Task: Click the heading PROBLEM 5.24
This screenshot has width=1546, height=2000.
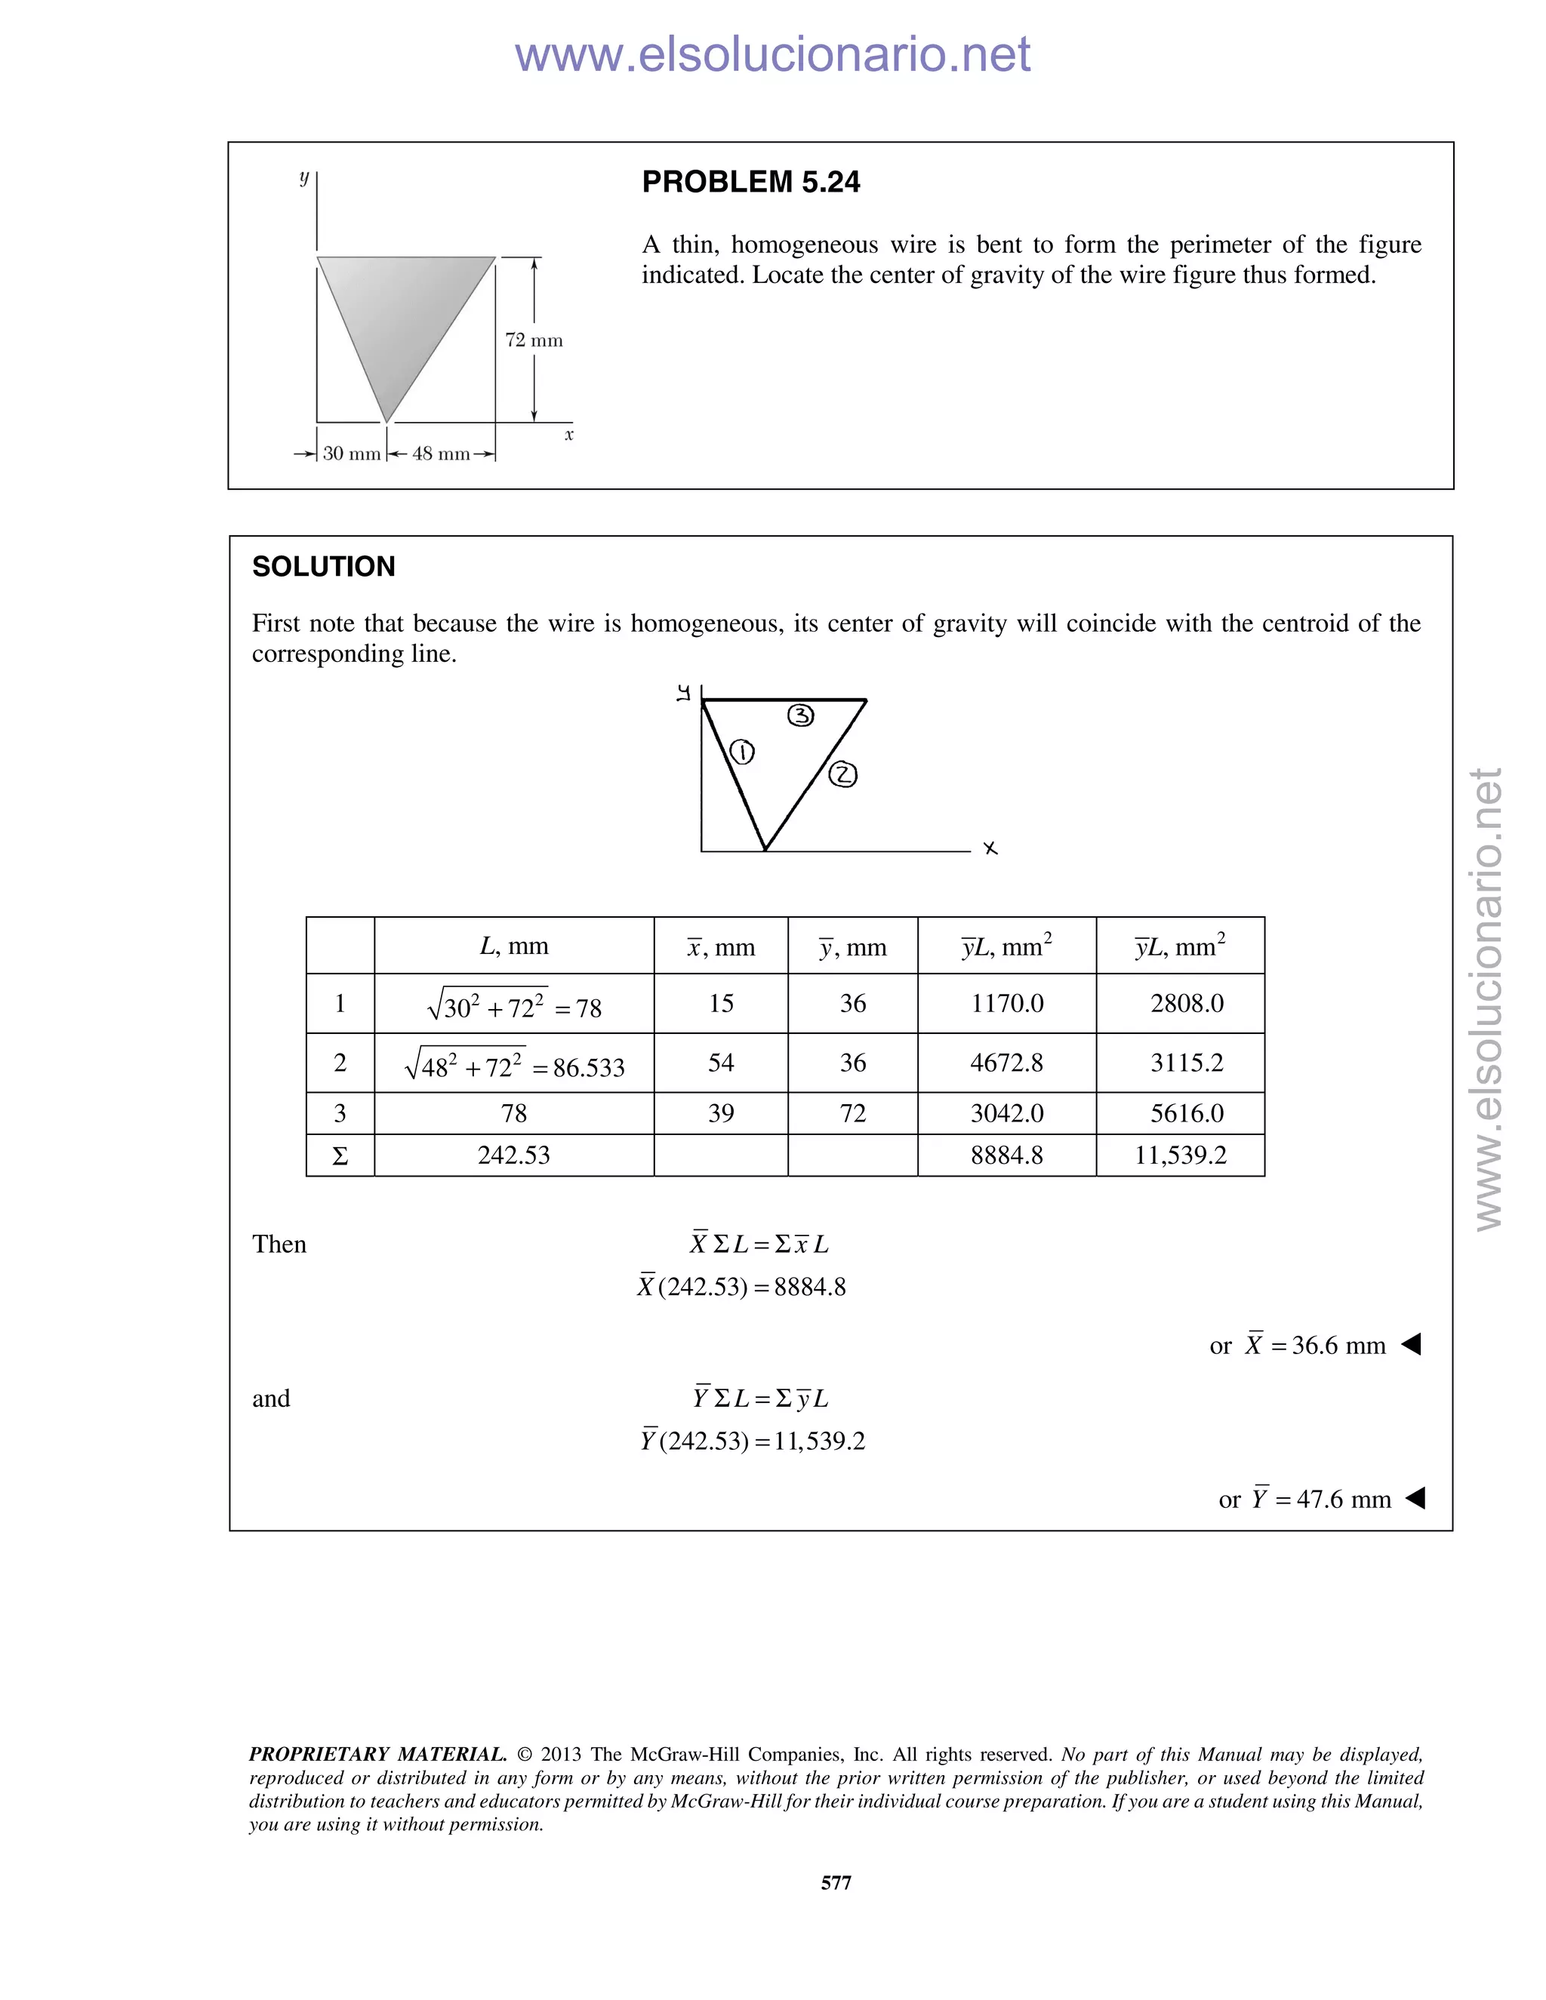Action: (x=750, y=182)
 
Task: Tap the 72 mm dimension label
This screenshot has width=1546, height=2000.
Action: (x=534, y=340)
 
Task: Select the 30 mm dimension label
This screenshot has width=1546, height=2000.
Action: (x=352, y=454)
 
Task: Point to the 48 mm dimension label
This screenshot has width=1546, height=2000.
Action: (x=441, y=454)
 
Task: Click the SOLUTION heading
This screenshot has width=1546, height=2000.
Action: (x=323, y=567)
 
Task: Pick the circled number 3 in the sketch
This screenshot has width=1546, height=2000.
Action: (x=800, y=715)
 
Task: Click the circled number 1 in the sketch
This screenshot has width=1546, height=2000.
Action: (x=742, y=752)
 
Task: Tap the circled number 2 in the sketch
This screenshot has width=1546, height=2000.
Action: (x=842, y=776)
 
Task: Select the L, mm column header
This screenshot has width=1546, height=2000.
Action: (x=514, y=946)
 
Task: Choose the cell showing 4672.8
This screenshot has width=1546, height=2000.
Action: (x=1006, y=1063)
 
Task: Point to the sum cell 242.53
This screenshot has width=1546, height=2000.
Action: (x=514, y=1155)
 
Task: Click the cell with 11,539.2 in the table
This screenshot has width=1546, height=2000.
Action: (x=1180, y=1155)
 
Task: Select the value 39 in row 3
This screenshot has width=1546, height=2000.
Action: (x=721, y=1113)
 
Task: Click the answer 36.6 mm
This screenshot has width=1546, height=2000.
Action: (x=1337, y=1345)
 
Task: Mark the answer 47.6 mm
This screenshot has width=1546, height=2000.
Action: (x=1343, y=1499)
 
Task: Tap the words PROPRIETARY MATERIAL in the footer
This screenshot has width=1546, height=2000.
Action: (x=377, y=1755)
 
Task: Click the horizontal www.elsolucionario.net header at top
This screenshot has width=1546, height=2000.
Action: (x=772, y=55)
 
